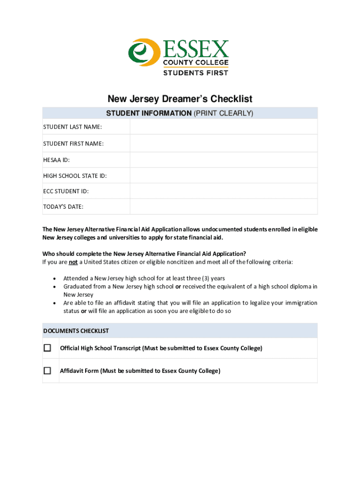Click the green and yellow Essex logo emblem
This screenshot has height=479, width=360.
point(144,52)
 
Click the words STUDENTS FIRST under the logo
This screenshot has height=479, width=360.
point(195,73)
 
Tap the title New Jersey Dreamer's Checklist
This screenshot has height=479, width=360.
point(180,99)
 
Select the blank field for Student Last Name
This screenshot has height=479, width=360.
point(223,127)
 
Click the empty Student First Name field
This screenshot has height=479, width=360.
point(223,144)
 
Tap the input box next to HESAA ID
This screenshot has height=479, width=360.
point(223,160)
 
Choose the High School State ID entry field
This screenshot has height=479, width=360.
point(223,176)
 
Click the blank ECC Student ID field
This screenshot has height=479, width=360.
point(223,191)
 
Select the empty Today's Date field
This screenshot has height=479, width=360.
point(223,207)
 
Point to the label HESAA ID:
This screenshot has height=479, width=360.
point(57,160)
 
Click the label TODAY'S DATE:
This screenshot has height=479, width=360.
point(64,207)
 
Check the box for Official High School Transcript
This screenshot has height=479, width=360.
point(47,348)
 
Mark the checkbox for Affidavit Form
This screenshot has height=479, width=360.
point(47,371)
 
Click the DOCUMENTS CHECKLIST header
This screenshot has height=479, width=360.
point(76,331)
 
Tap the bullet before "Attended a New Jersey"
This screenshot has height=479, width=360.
point(56,278)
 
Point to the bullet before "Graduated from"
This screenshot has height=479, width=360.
point(56,286)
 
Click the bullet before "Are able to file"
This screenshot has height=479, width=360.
point(56,303)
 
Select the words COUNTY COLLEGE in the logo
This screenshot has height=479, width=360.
point(195,62)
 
